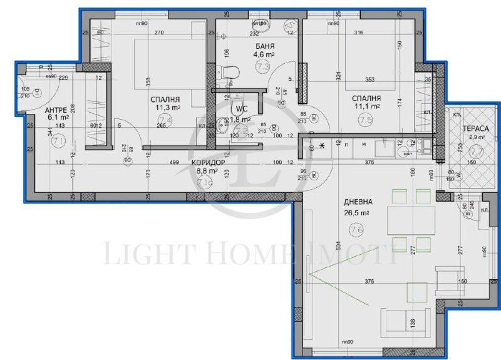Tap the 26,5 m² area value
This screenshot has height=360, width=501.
point(357,213)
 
